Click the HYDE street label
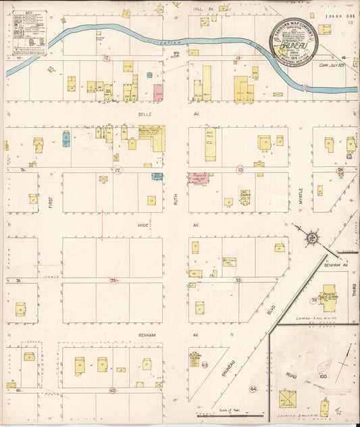143,224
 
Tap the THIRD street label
353,291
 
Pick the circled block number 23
240,170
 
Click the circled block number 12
106,59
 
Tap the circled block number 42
113,391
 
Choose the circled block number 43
205,364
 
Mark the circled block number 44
253,389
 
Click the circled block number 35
314,300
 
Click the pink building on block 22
158,93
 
